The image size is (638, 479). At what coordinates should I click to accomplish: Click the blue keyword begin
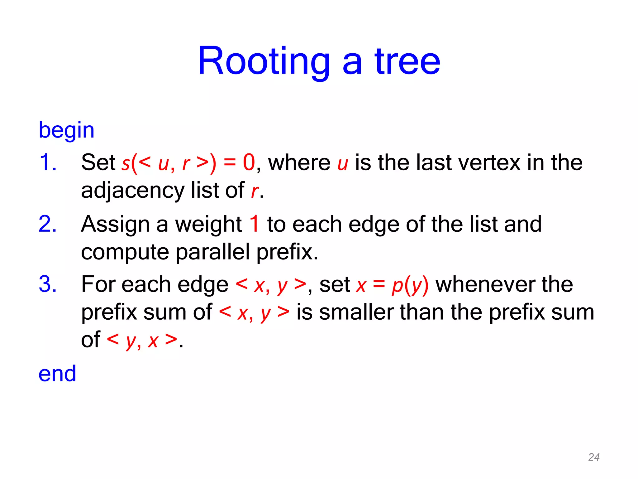[x=66, y=130]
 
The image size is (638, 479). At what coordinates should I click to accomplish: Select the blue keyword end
[x=57, y=374]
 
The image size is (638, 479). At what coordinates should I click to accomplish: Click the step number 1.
[x=47, y=162]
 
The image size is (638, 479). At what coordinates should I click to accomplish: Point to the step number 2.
[x=47, y=224]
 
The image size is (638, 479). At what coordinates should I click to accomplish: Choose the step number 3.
[x=47, y=284]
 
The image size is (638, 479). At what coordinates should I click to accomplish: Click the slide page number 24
[x=594, y=457]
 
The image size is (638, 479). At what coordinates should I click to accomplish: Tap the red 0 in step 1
[x=249, y=162]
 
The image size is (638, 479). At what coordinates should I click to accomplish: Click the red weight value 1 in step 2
[x=255, y=224]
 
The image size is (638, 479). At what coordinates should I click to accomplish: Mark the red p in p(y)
[x=397, y=286]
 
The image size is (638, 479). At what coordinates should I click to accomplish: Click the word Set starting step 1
[x=98, y=162]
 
